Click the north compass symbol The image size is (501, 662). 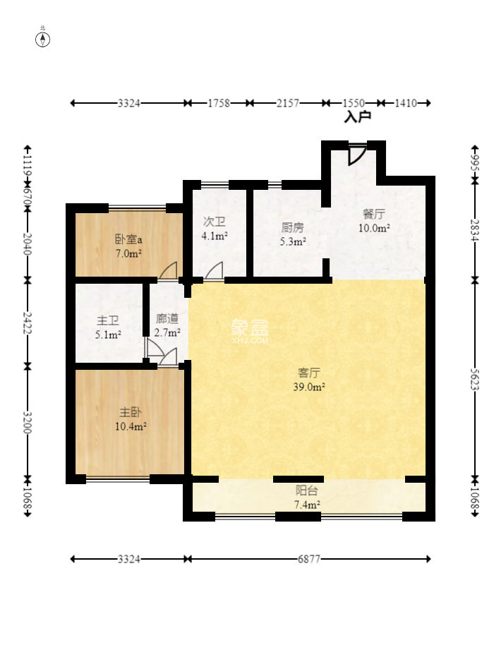click(x=43, y=39)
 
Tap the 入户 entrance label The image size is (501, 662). click(x=357, y=117)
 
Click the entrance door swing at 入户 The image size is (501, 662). click(x=356, y=155)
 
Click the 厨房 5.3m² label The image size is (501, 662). click(x=293, y=234)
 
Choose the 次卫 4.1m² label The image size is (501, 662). click(x=215, y=228)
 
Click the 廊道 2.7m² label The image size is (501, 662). click(x=167, y=325)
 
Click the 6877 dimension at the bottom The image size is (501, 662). click(x=309, y=559)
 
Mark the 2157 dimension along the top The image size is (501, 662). click(x=287, y=103)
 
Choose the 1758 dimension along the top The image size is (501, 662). click(x=219, y=103)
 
